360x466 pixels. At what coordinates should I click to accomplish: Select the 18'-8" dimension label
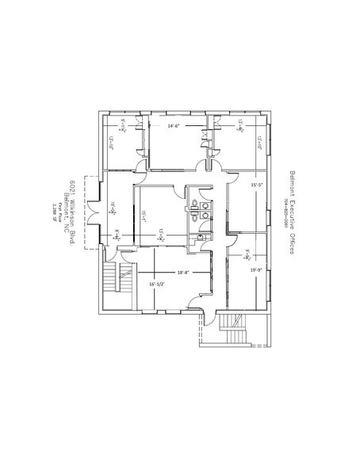[183, 273]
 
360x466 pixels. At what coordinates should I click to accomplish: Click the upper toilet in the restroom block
[194, 202]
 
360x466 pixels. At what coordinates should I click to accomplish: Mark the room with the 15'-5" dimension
[250, 202]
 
